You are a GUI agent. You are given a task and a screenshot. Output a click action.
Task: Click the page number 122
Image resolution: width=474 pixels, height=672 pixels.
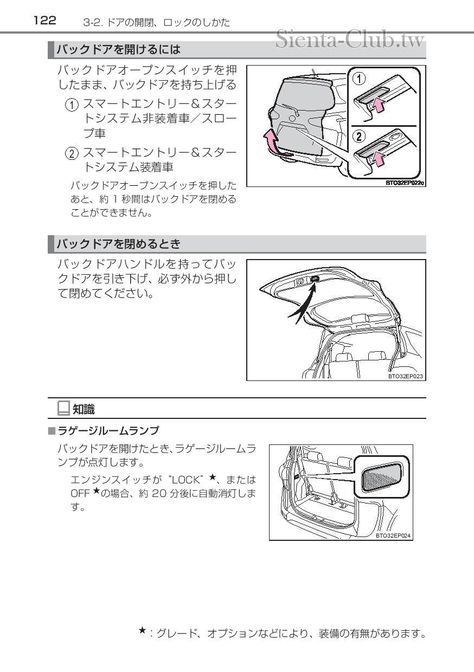click(x=44, y=21)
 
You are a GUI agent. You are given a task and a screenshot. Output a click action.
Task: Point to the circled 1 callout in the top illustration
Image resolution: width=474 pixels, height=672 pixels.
click(x=359, y=79)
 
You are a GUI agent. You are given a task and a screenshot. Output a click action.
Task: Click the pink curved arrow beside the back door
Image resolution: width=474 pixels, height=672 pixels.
click(x=270, y=143)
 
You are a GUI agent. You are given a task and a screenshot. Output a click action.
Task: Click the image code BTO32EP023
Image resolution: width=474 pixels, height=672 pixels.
click(x=405, y=375)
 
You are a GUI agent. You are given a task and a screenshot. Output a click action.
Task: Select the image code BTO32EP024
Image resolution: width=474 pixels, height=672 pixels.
click(x=393, y=535)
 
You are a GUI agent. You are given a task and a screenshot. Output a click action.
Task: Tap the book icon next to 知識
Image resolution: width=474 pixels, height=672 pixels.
click(x=63, y=408)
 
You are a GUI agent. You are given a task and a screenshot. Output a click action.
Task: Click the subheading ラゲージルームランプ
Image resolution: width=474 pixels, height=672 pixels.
click(x=108, y=431)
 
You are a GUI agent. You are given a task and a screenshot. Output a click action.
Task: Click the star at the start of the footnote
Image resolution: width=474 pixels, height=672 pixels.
click(x=142, y=630)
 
